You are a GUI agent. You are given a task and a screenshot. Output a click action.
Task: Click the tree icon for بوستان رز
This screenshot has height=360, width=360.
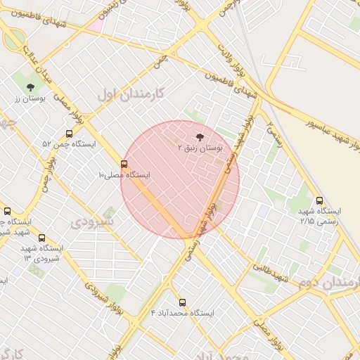30,87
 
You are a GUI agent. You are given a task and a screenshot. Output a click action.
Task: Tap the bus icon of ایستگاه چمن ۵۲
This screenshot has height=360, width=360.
68,133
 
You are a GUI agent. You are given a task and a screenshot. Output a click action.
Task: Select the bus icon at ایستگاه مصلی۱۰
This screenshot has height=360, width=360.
125,164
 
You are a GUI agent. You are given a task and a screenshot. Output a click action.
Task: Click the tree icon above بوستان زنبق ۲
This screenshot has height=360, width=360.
200,137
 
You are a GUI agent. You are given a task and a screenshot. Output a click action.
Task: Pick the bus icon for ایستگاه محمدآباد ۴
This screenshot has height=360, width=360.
183,302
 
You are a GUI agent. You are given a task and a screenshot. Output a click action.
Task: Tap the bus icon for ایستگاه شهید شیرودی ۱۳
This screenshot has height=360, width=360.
41,238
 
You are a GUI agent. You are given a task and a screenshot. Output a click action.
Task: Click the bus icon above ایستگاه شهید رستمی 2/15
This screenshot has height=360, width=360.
320,200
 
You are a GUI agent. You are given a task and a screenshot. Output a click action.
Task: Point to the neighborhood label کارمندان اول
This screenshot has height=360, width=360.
131,93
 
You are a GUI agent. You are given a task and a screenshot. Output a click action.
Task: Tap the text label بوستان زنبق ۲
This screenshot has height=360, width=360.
200,149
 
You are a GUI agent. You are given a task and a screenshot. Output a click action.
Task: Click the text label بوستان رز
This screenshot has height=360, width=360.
30,99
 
